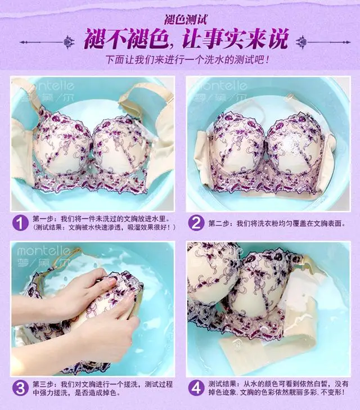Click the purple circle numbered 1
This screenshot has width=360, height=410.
20,223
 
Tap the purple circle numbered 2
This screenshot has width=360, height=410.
196,223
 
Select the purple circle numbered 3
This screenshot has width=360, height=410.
20,389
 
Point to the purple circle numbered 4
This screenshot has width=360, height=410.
196,389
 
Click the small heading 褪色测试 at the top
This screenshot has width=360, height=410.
186,20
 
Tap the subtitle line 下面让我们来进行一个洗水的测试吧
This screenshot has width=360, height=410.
187,60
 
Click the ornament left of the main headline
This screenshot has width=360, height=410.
48,42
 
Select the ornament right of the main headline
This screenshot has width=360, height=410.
323,42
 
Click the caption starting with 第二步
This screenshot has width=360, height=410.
277,224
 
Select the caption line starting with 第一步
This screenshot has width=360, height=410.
101,219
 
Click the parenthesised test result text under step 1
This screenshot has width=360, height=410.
105,227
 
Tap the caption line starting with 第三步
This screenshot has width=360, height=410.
102,384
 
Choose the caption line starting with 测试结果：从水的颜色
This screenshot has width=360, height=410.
278,384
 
